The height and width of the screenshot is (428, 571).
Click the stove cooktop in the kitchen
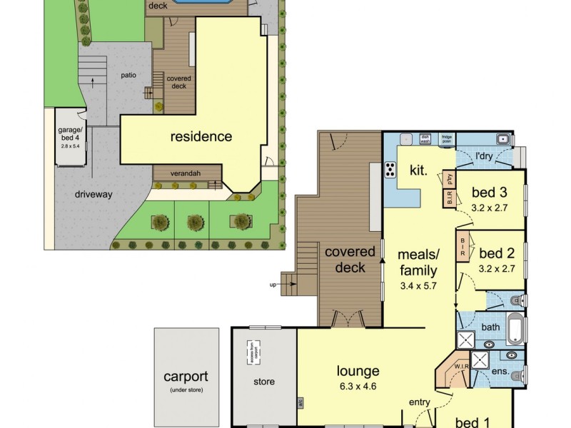pos(392,170)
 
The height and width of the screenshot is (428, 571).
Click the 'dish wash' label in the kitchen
pos(425,139)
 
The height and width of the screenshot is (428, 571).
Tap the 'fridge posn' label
pos(447,139)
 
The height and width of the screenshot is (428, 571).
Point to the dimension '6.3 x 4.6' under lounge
pos(358,387)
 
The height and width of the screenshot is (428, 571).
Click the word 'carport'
pos(185,377)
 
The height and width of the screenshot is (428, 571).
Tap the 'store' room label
pos(263,382)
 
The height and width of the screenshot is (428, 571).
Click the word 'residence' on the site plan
pos(201,136)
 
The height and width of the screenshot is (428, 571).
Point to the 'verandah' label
pos(185,173)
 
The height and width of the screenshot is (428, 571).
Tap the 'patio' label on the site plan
pos(128,74)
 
